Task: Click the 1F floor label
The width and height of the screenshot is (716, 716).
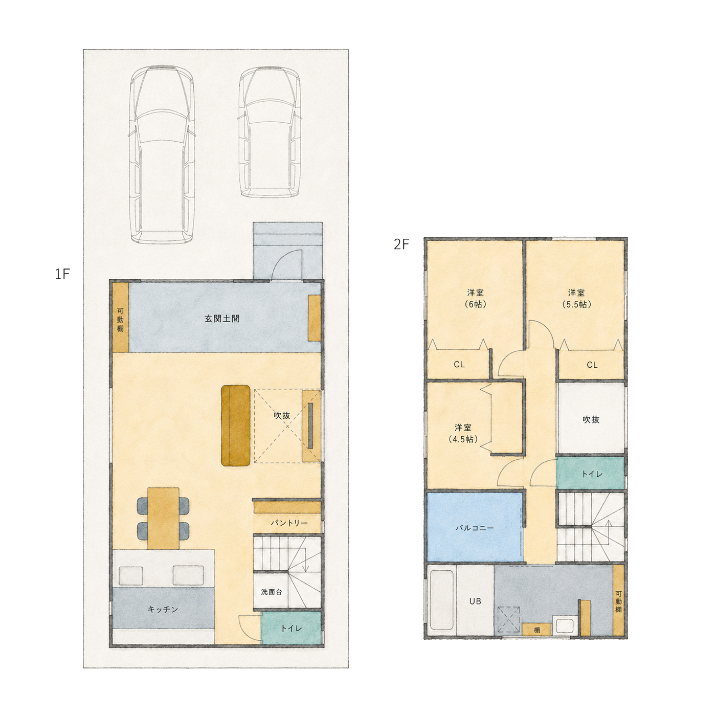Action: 62,274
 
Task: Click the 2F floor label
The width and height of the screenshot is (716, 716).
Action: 401,244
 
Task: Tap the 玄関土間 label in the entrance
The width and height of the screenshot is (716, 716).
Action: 222,319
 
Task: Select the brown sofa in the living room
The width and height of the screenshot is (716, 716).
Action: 236,426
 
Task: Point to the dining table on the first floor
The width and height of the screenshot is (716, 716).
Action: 164,518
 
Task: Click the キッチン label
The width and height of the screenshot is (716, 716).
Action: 163,609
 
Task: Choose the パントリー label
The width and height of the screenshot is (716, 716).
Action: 289,523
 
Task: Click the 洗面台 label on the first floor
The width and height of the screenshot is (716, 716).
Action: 271,592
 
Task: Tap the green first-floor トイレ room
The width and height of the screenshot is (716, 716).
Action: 291,628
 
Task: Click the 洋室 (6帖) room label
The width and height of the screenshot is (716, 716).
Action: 476,298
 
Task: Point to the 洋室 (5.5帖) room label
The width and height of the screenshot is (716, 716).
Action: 576,298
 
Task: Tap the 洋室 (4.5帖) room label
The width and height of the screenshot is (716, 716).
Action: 463,433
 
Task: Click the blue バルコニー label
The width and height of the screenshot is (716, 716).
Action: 475,527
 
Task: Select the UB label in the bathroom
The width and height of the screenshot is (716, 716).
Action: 475,601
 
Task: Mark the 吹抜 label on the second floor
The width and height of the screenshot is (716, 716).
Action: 591,419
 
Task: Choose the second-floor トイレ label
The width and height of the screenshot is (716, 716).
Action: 592,474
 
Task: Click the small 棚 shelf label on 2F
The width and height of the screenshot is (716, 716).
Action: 537,630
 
